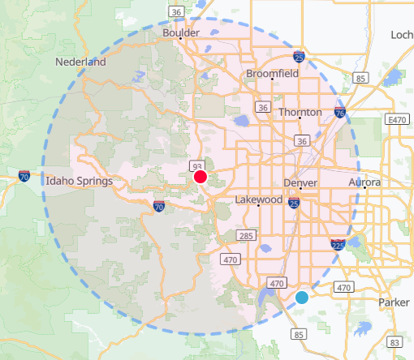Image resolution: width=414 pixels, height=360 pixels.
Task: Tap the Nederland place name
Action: [81, 62]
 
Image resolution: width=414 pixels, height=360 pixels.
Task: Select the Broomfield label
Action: [273, 74]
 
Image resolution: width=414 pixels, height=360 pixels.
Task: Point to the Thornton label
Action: [300, 112]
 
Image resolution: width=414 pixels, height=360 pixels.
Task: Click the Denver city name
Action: [300, 183]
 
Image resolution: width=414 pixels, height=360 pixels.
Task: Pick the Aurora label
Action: [364, 183]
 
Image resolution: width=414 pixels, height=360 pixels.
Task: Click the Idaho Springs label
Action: [79, 181]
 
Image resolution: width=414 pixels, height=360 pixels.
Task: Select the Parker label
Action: [395, 302]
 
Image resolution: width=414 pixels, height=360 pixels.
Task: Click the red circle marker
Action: [201, 177]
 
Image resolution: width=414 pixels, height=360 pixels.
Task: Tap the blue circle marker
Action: [302, 298]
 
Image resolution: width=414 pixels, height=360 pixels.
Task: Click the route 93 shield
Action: [197, 166]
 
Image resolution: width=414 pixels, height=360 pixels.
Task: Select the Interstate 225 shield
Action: [336, 243]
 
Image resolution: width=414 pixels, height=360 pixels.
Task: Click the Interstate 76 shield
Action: [339, 114]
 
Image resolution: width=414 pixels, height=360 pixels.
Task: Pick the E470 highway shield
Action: [397, 120]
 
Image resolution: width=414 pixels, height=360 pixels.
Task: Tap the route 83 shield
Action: [394, 343]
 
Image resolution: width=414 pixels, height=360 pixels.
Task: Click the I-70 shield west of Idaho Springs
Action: [24, 175]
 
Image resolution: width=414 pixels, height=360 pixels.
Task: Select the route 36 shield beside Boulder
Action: [175, 11]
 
